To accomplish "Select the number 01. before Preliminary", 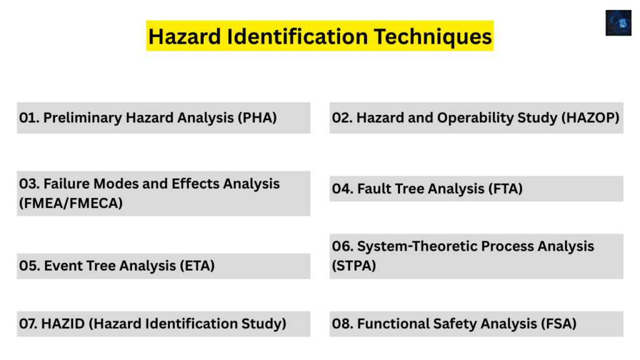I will click(x=29, y=117).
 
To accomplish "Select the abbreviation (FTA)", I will click(x=504, y=188).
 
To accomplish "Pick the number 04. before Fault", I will click(x=342, y=188).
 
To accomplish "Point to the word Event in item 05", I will click(x=61, y=266).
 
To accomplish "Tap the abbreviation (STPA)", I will click(x=354, y=266).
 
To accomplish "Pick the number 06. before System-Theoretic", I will click(x=342, y=246).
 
